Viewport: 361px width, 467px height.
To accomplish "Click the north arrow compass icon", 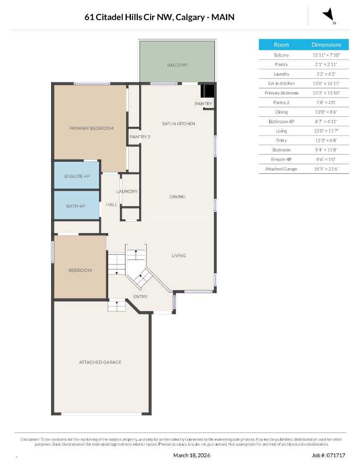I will click(329, 16).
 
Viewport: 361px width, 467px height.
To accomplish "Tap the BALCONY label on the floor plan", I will click(177, 65).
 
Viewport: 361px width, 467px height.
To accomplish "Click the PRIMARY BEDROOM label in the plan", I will click(91, 128).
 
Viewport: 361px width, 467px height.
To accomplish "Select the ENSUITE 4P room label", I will click(77, 176).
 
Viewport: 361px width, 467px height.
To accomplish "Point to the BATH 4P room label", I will click(75, 206).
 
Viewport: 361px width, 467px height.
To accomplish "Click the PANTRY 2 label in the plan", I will click(140, 137).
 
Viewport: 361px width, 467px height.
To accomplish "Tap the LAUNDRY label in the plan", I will click(127, 192).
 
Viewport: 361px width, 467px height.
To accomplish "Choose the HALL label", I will click(112, 205).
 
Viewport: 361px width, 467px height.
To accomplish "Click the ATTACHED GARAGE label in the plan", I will click(100, 362).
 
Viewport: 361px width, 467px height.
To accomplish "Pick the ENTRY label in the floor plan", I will click(141, 297).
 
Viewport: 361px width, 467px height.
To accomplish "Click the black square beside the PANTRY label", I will click(208, 91).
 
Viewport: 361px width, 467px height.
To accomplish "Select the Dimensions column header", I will click(326, 45).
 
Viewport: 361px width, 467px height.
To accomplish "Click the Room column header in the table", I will click(281, 45).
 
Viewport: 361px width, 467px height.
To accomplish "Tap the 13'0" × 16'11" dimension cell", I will click(326, 83).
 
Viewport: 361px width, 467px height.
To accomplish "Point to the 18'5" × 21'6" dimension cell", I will click(326, 169).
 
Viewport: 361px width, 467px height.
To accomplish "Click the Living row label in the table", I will click(281, 131).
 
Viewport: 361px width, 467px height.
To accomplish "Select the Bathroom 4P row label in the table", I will click(281, 121).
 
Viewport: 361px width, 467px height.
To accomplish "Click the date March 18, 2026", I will click(192, 455).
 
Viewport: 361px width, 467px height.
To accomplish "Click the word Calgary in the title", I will click(192, 17).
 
